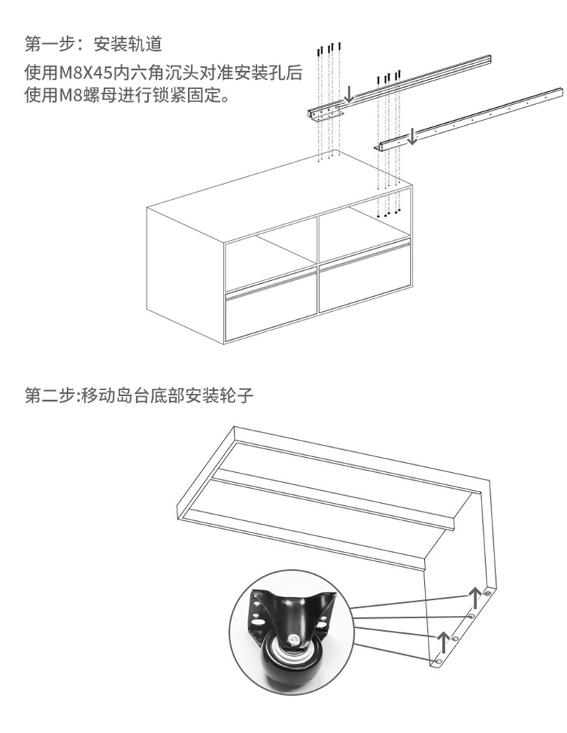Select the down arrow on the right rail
click(413, 135)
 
